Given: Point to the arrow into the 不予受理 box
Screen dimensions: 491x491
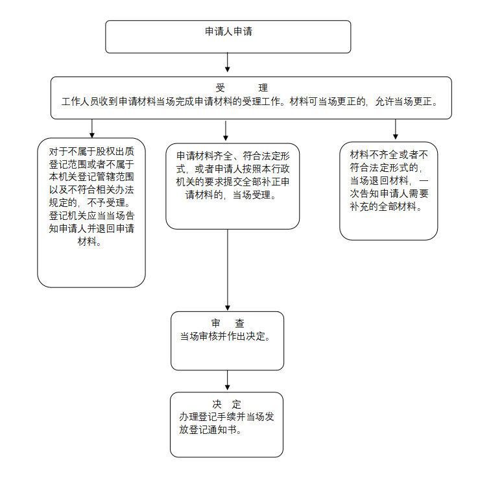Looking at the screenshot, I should [x=92, y=128].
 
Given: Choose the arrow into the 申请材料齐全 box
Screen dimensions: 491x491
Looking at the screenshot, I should [x=226, y=130].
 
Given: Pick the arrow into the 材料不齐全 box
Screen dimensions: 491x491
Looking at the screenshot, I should [x=395, y=130].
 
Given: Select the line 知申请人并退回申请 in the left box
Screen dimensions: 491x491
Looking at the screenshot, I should [x=91, y=229].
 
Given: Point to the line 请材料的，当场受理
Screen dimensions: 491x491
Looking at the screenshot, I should [x=230, y=195].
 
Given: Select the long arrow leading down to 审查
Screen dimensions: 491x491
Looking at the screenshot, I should [x=228, y=269].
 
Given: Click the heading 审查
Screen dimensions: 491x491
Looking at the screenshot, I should [x=227, y=323].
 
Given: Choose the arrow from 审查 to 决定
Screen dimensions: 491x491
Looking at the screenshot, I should [x=228, y=381].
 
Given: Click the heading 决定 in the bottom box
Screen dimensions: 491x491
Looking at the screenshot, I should [x=226, y=403].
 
